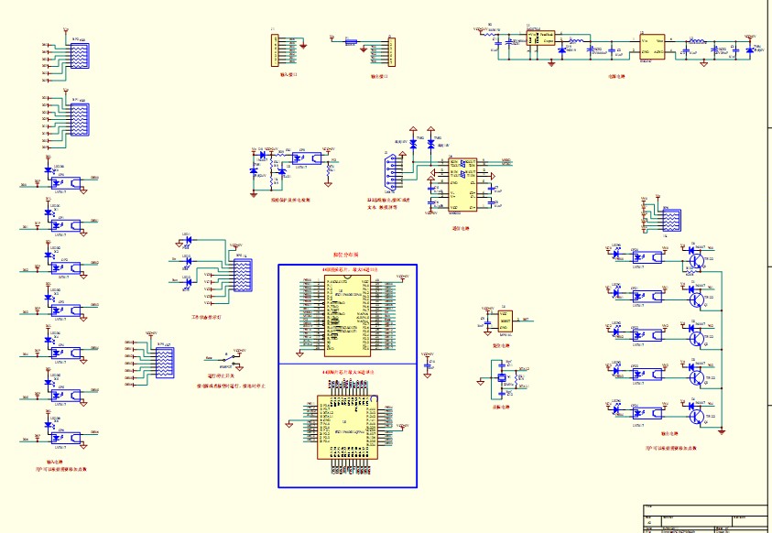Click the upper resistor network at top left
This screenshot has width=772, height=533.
tap(79, 56)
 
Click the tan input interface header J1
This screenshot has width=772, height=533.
tap(275, 49)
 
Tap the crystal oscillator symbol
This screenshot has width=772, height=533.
tap(501, 377)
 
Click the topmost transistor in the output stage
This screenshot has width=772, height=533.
tap(698, 259)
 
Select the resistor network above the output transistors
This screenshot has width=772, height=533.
tap(669, 220)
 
